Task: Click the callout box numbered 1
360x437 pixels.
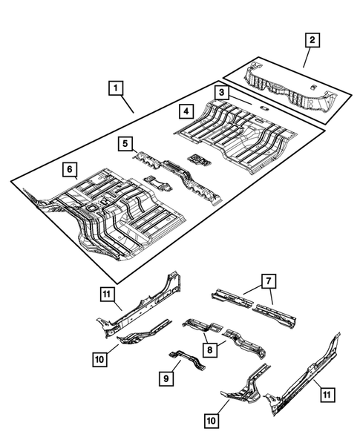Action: tap(115, 88)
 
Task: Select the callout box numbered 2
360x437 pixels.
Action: tap(314, 40)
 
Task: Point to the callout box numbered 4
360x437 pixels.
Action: tap(187, 111)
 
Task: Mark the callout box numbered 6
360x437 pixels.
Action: tap(68, 170)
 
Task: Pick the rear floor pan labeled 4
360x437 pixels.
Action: tap(238, 134)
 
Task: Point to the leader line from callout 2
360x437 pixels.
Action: tap(308, 58)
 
